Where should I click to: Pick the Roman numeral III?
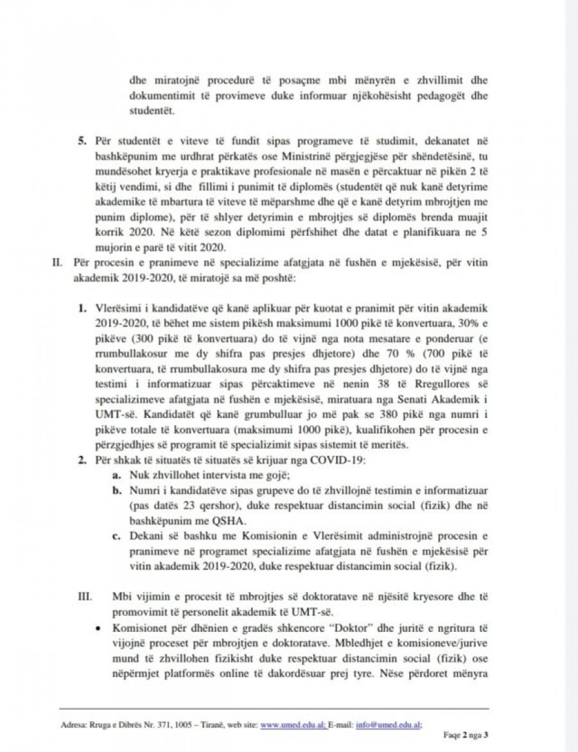(x=85, y=595)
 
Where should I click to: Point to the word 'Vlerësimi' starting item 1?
(x=114, y=308)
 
